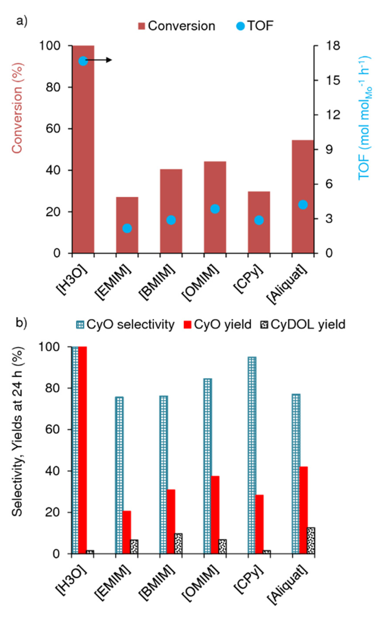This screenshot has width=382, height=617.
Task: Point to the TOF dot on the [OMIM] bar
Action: pos(215,209)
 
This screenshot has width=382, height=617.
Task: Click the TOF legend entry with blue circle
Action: pos(255,26)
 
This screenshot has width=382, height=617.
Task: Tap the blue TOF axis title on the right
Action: pos(364,117)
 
